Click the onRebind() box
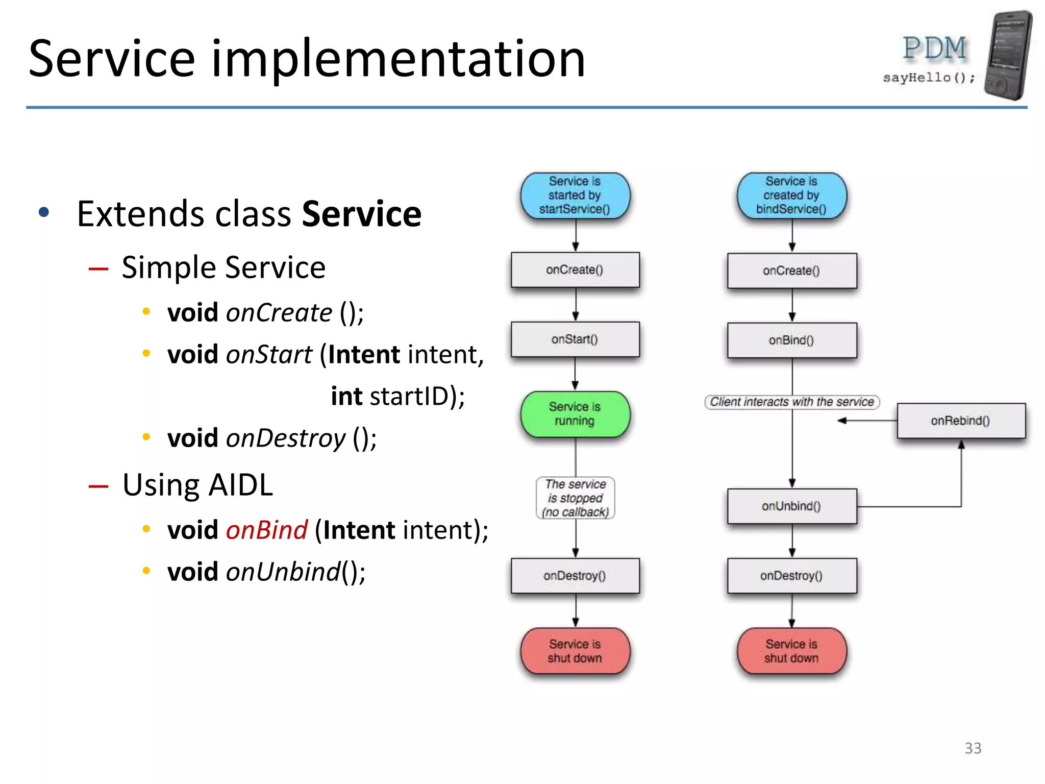(x=961, y=421)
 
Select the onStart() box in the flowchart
(x=575, y=339)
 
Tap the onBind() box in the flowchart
(x=791, y=340)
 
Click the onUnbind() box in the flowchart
(x=791, y=506)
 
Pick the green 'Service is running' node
(x=575, y=414)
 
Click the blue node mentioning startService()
(x=575, y=195)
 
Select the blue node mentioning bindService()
(x=791, y=195)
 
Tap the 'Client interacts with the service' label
(x=791, y=402)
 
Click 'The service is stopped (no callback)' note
(x=575, y=498)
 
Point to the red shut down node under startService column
(x=575, y=651)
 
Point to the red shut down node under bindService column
(x=791, y=651)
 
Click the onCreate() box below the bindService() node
(x=791, y=271)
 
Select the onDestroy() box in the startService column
(x=575, y=576)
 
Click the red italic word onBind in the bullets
(x=266, y=530)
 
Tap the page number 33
(x=973, y=748)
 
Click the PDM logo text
(x=934, y=48)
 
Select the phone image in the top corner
(x=1008, y=55)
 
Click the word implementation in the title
(x=398, y=59)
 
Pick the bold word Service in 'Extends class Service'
(x=361, y=214)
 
